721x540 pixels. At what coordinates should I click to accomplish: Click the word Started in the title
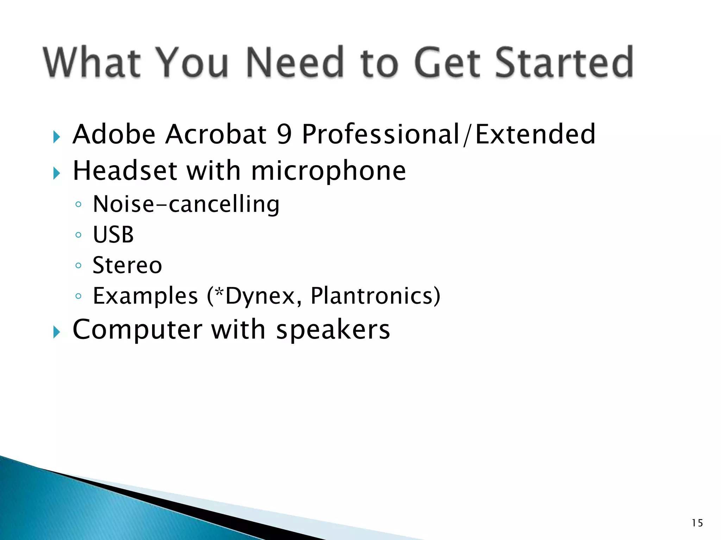565,63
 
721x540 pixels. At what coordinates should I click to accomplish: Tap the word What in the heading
92,63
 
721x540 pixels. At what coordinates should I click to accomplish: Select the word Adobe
114,134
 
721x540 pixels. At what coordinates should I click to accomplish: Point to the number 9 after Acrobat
284,134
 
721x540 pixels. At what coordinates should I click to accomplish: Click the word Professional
381,134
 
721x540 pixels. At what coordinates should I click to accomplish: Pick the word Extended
535,134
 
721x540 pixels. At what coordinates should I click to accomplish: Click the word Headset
125,171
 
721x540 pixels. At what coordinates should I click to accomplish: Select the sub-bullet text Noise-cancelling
186,205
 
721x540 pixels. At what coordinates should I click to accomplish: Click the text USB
113,235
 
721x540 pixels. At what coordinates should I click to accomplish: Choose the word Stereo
127,265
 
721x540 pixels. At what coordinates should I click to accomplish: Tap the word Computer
137,330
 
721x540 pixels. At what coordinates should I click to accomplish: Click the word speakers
333,330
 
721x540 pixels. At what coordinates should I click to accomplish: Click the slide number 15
697,523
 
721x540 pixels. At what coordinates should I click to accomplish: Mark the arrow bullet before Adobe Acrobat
57,137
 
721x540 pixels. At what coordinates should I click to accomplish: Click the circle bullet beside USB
79,235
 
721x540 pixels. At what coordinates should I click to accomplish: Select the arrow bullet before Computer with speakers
57,332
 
